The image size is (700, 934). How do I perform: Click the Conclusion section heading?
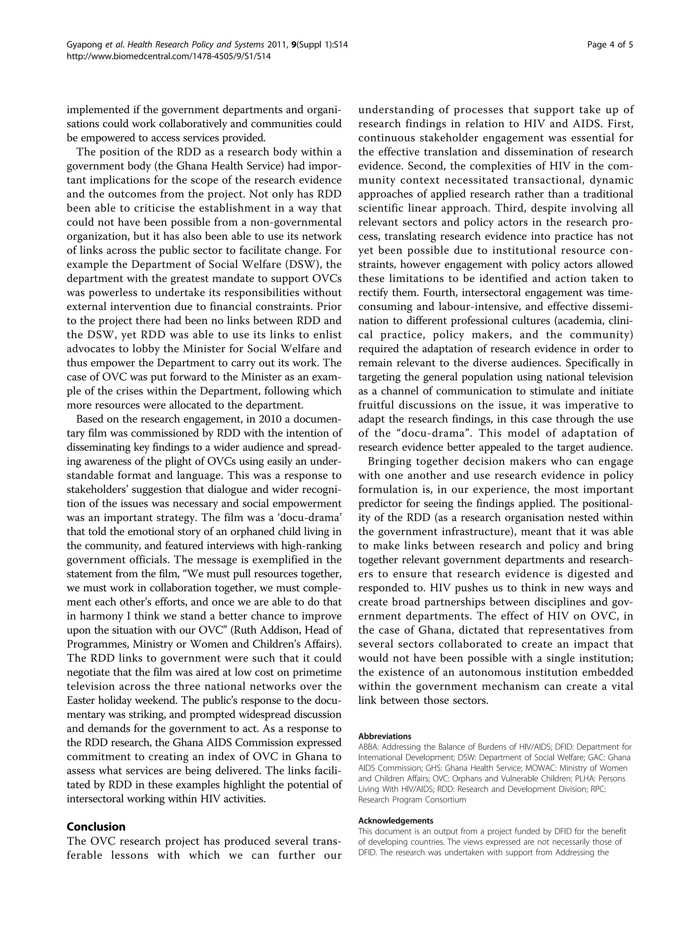(x=96, y=826)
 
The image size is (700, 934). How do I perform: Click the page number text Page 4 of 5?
(x=610, y=45)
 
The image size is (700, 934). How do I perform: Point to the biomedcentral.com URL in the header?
(x=169, y=56)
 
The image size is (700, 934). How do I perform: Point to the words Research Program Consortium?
(x=412, y=800)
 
